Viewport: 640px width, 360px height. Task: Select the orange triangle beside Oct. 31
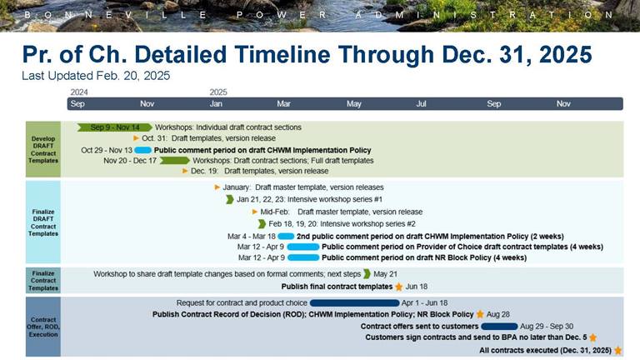(137, 138)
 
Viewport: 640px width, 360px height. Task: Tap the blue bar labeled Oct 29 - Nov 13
(142, 150)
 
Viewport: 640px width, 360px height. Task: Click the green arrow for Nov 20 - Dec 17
(174, 161)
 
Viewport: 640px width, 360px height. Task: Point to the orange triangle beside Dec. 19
(185, 172)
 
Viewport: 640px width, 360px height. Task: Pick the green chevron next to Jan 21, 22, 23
(230, 200)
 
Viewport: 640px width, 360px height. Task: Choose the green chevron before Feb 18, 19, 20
(262, 224)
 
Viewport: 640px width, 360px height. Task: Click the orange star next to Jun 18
(398, 287)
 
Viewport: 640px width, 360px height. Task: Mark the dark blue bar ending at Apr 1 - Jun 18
(354, 302)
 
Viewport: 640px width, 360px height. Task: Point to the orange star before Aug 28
(480, 315)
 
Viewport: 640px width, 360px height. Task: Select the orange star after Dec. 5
(593, 338)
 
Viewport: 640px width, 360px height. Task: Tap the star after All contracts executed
(617, 351)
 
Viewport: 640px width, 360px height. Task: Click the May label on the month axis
(354, 104)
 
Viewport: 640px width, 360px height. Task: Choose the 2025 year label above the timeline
(218, 92)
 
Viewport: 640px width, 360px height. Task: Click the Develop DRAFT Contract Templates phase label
(43, 149)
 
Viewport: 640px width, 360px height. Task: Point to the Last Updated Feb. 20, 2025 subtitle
(96, 76)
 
